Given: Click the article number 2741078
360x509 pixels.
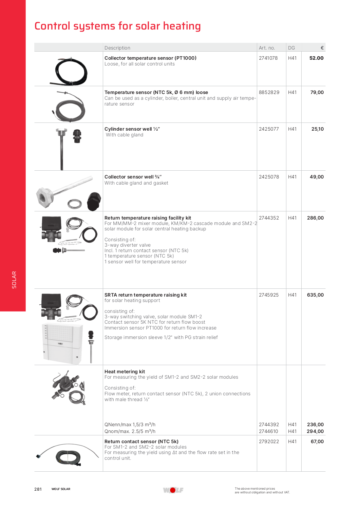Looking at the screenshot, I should tap(268, 58).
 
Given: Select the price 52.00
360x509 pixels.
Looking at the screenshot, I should tap(316, 58).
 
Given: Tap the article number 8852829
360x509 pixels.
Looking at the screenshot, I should tap(269, 92).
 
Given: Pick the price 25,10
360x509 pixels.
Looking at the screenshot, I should tap(317, 129).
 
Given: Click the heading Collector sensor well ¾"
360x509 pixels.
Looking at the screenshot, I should tap(133, 177).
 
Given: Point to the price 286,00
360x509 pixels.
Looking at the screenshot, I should tap(315, 218).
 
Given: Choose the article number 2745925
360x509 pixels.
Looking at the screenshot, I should tap(269, 295).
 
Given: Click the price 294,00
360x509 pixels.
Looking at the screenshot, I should tap(315, 431).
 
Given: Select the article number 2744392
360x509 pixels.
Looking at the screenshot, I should tap(269, 425).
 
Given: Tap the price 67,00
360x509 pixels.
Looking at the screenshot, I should tap(317, 441).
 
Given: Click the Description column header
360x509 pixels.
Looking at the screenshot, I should tap(117, 48).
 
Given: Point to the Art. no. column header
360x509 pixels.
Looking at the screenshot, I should tap(267, 48).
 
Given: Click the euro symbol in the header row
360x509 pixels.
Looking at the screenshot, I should tap(322, 48).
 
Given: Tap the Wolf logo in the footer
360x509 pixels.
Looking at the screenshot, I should tap(173, 490).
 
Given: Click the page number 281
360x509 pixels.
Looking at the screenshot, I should tap(38, 489).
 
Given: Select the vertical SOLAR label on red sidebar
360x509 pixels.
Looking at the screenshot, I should tap(14, 280).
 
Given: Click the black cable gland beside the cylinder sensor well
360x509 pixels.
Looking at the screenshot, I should tap(77, 136).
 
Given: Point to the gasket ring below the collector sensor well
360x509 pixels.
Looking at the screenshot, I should tap(75, 204).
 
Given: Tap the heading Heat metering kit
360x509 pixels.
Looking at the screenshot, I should tap(125, 372).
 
